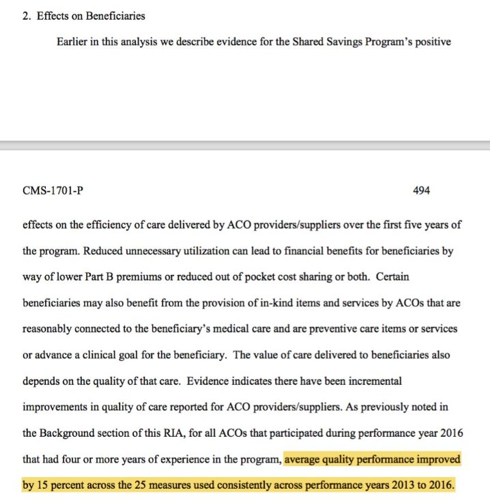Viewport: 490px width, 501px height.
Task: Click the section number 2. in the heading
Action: coord(27,16)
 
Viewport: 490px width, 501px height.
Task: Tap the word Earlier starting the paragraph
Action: coord(73,42)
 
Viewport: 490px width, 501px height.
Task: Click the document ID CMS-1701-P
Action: coord(53,191)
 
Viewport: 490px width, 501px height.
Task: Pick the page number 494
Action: coord(421,191)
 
